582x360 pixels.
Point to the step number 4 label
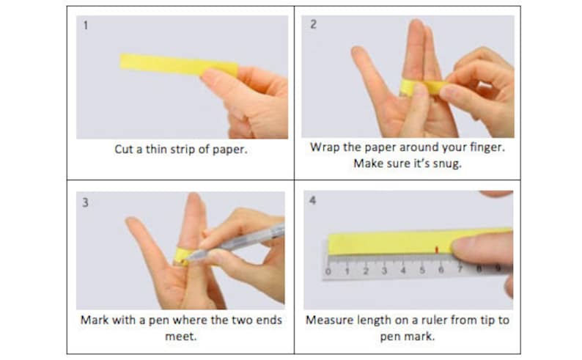tap(313, 201)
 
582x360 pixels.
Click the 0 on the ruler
tap(328, 271)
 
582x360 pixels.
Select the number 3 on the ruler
tap(384, 271)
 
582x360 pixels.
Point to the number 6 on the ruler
tap(441, 271)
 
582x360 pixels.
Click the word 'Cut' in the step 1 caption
tap(124, 149)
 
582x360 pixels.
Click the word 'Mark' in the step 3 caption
tap(95, 320)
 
